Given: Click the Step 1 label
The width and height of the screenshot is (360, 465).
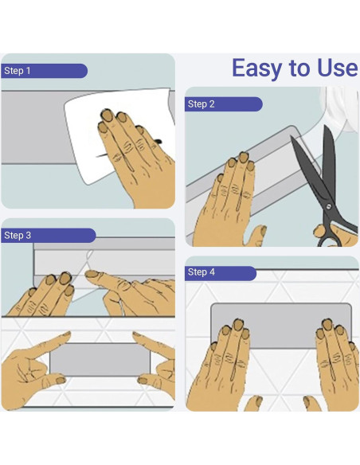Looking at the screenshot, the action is [x=18, y=71].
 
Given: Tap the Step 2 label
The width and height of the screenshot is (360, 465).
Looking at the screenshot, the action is [x=201, y=104].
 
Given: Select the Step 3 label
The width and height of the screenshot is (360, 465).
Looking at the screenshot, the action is [x=18, y=236].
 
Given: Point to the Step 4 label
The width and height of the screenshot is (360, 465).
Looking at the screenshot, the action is [x=201, y=272].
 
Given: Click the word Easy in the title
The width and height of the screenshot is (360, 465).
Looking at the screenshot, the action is [x=256, y=69].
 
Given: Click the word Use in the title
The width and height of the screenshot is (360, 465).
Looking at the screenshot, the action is [x=337, y=68].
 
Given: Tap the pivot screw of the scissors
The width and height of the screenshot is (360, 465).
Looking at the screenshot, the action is [x=328, y=206].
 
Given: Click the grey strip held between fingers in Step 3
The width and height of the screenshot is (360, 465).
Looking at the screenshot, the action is [x=100, y=359].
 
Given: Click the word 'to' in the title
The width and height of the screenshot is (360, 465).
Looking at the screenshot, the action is [x=299, y=68].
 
